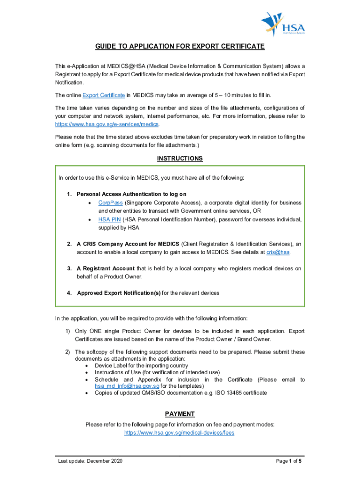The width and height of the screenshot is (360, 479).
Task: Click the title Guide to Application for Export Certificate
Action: point(180,46)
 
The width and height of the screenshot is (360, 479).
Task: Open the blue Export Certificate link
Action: point(103,95)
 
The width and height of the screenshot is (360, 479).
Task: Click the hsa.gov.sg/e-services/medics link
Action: point(107,125)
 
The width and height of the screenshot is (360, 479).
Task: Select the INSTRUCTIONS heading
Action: point(180,159)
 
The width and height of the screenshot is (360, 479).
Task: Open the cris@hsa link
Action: point(278,253)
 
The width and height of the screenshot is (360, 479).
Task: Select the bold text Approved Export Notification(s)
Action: point(119,293)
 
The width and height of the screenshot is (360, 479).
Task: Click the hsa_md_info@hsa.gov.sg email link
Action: point(127,386)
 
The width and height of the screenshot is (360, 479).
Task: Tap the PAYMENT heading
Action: point(180,414)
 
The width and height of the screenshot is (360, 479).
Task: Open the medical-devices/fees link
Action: point(180,433)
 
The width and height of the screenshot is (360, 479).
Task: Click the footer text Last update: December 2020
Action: point(90,462)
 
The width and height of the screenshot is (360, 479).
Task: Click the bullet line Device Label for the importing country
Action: point(141,365)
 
